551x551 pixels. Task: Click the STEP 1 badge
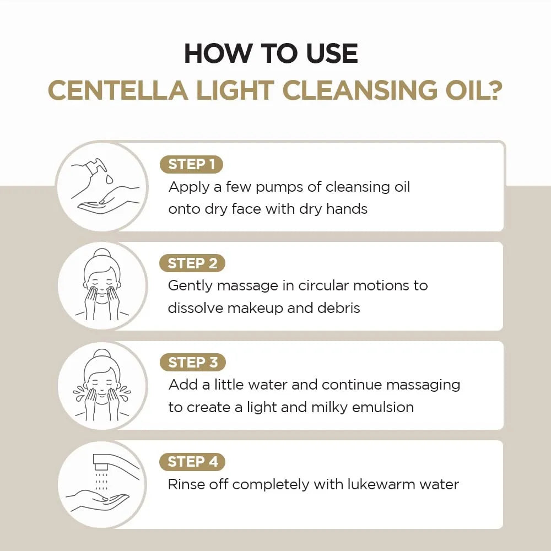point(191,164)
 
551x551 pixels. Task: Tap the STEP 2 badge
point(192,263)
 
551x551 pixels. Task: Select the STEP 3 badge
point(192,363)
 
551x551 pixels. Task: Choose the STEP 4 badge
point(192,462)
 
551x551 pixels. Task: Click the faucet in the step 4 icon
point(107,462)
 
